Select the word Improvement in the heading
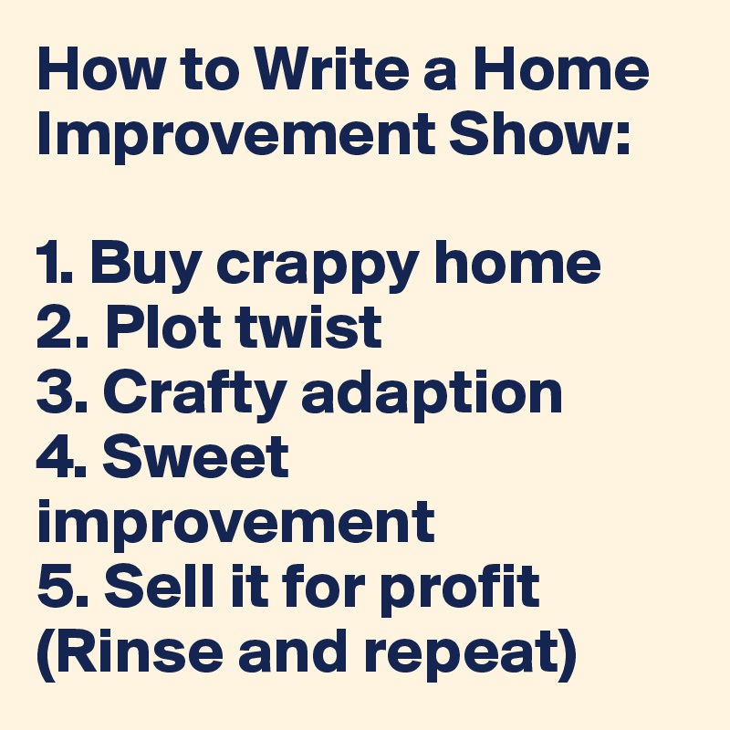tap(236, 138)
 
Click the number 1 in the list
tap(49, 262)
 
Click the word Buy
tap(146, 266)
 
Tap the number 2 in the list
tap(52, 327)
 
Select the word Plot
tap(162, 327)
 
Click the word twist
tap(308, 327)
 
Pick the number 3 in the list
tap(52, 391)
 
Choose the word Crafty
tap(194, 396)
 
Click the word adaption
tap(432, 396)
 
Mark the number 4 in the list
tap(51, 456)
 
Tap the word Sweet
tap(195, 456)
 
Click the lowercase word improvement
tap(236, 526)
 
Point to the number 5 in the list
tap(52, 586)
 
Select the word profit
tap(460, 589)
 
